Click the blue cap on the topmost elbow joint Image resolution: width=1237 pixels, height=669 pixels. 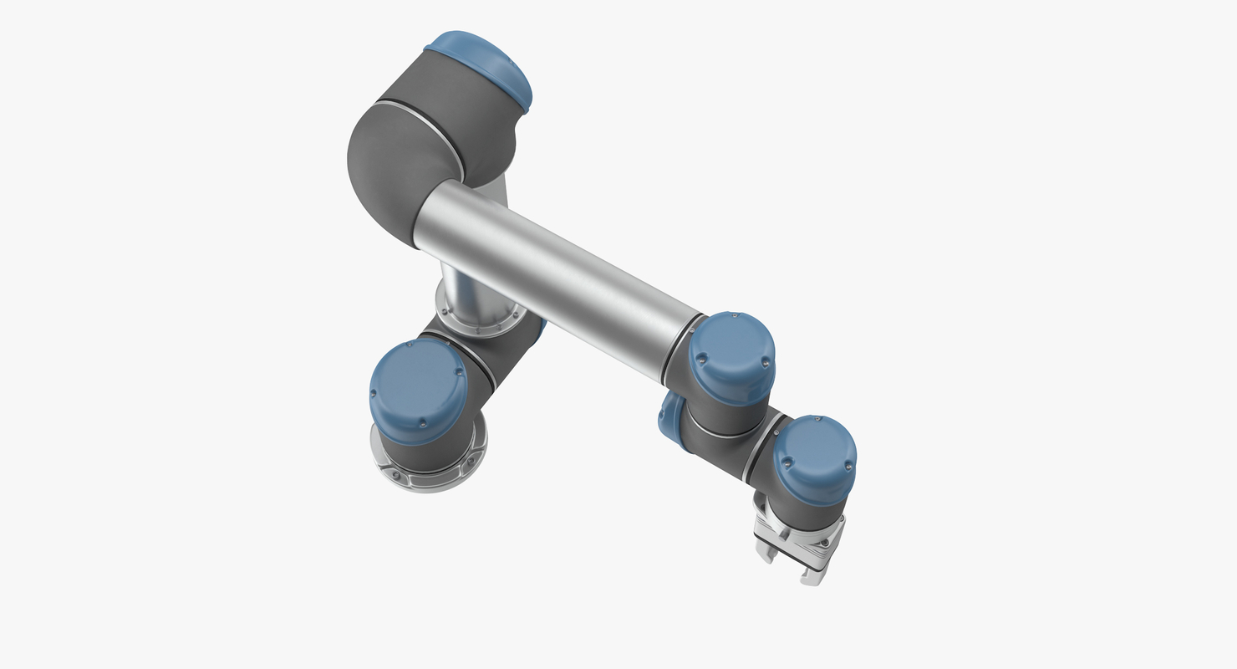(481, 66)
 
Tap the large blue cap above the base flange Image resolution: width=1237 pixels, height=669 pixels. (417, 390)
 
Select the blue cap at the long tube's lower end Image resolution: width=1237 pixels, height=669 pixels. (732, 355)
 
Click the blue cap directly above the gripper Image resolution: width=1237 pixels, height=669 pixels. (814, 456)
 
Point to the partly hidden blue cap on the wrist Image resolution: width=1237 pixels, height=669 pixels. (668, 418)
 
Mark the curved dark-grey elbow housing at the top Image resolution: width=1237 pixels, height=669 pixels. (393, 167)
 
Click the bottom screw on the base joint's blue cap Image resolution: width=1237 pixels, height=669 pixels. (423, 423)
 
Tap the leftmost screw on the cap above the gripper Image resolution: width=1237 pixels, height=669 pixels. (785, 457)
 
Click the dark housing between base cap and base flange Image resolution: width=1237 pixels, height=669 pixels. (426, 452)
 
